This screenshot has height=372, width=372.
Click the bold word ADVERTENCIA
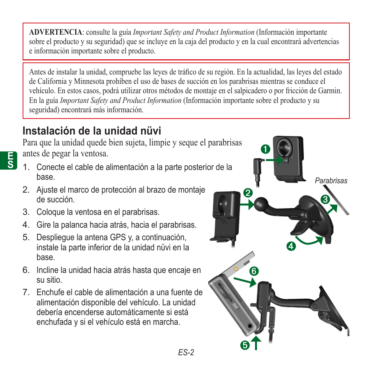pyautogui.click(x=55, y=32)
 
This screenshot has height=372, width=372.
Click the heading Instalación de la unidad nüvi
pyautogui.click(x=92, y=130)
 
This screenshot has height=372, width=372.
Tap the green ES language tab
pyautogui.click(x=11, y=161)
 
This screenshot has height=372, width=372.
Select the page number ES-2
pyautogui.click(x=186, y=353)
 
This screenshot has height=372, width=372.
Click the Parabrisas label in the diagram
pyautogui.click(x=331, y=181)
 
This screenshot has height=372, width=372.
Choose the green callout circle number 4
pyautogui.click(x=290, y=246)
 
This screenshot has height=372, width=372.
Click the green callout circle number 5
pyautogui.click(x=244, y=345)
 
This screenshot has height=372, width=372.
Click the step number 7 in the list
pyautogui.click(x=26, y=292)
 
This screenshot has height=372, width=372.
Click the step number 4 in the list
pyautogui.click(x=26, y=225)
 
